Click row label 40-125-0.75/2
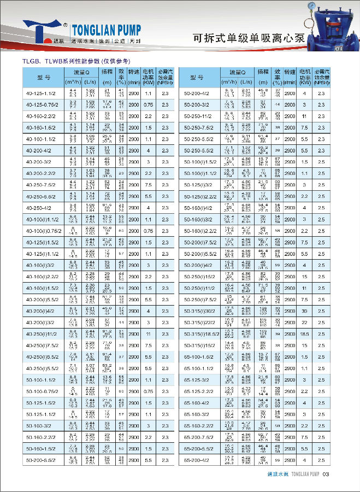pos(42,104)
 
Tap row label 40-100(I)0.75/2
pos(42,231)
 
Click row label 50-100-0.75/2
pos(42,391)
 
